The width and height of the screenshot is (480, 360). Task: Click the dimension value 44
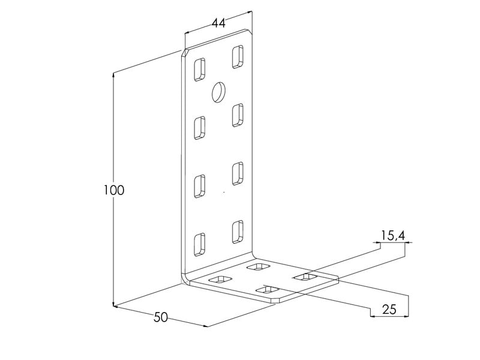(218, 23)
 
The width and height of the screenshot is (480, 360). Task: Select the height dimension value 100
(114, 190)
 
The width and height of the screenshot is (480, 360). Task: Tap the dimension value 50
(160, 317)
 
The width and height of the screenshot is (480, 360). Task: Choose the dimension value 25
(389, 310)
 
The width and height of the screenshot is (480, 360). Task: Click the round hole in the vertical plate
(217, 92)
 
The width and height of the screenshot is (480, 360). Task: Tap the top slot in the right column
(238, 56)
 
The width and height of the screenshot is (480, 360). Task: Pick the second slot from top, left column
(199, 128)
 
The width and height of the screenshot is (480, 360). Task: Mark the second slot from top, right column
(238, 115)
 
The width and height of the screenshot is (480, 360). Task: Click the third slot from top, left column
(199, 185)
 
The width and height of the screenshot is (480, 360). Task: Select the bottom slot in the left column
(199, 244)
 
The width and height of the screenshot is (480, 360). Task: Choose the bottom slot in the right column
(238, 232)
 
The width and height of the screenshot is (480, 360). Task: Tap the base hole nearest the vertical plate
(258, 266)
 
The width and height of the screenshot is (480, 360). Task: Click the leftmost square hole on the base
(220, 279)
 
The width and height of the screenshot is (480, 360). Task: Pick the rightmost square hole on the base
(305, 277)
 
